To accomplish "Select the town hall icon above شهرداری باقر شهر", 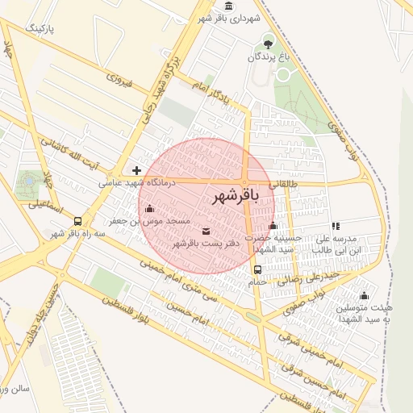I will click(x=230, y=6).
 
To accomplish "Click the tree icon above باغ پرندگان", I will click(x=268, y=43).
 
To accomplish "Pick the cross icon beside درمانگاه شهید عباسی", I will click(x=136, y=170).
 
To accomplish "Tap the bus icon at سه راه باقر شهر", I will click(x=77, y=221).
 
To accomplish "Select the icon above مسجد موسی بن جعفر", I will click(x=149, y=209).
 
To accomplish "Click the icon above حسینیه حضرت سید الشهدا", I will click(x=273, y=226).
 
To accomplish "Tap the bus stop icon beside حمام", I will click(x=257, y=269).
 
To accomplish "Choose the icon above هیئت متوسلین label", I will click(x=364, y=295).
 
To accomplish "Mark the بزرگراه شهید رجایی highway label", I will click(x=160, y=90).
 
